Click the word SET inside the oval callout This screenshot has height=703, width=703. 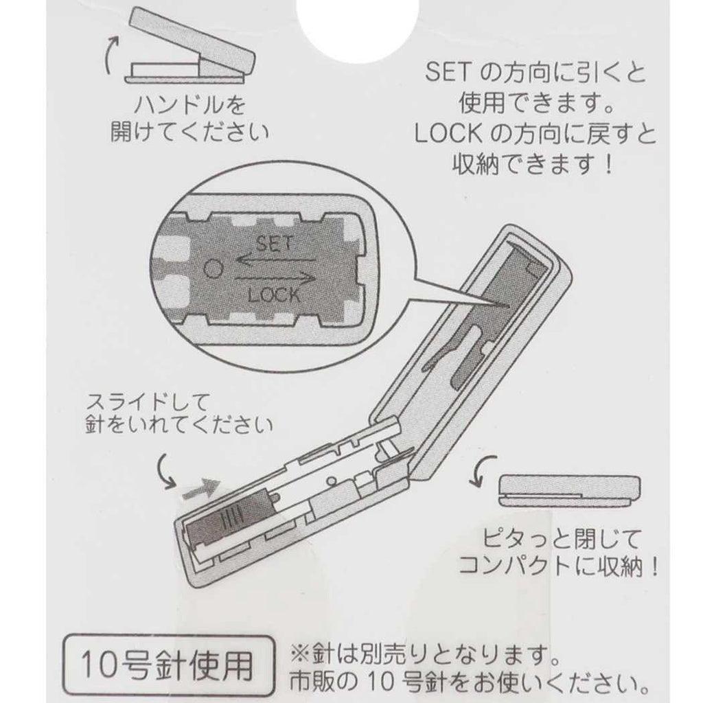coord(275,243)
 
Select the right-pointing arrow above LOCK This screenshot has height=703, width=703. coord(275,279)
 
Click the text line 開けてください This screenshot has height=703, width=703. coord(189,132)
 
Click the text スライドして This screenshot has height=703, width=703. coord(144,402)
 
